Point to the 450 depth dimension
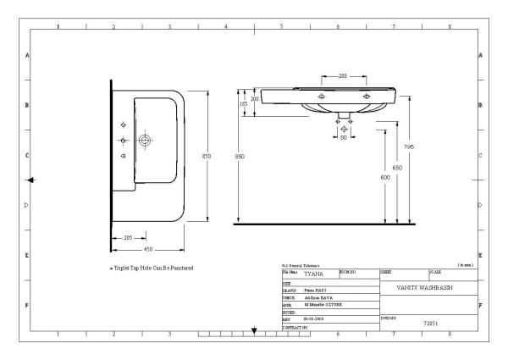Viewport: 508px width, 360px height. click(x=147, y=249)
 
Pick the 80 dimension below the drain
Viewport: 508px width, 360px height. click(x=344, y=137)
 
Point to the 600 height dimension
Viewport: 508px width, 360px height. click(x=385, y=177)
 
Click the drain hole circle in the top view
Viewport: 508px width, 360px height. click(x=145, y=139)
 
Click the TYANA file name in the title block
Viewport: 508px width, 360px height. click(x=316, y=274)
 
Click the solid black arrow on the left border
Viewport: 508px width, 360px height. click(x=30, y=180)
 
